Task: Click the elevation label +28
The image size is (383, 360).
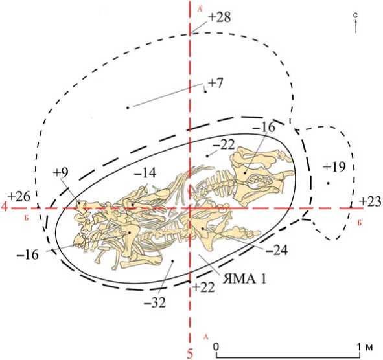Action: pyautogui.click(x=219, y=18)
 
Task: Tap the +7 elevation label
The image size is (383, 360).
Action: pyautogui.click(x=215, y=84)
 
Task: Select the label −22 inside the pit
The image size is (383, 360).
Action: pyautogui.click(x=224, y=145)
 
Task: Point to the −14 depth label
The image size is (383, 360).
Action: pyautogui.click(x=145, y=174)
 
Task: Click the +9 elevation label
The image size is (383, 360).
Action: pyautogui.click(x=61, y=173)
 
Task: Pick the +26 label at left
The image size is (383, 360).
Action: pyautogui.click(x=19, y=197)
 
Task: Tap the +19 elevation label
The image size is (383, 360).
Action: pyautogui.click(x=334, y=167)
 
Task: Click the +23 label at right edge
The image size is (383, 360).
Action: pyautogui.click(x=370, y=201)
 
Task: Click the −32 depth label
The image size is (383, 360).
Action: pyautogui.click(x=155, y=304)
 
